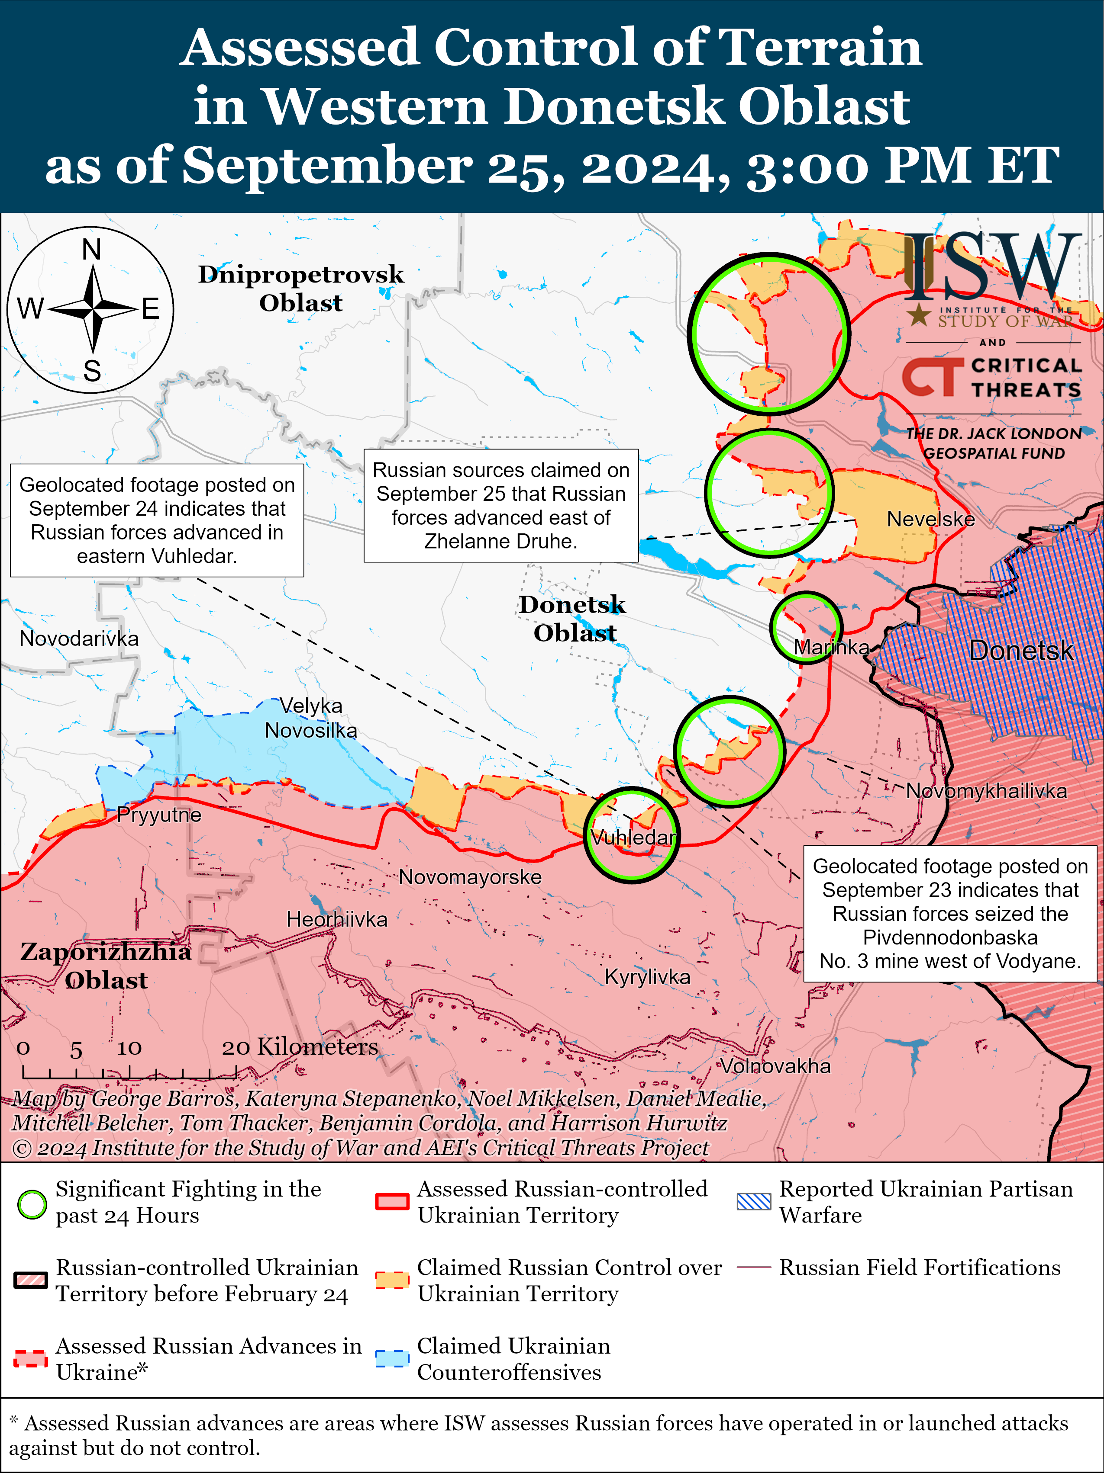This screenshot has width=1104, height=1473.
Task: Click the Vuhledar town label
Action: pyautogui.click(x=633, y=837)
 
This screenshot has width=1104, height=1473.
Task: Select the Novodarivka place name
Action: pyautogui.click(x=79, y=639)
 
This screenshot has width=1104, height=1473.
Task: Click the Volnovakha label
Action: pyautogui.click(x=775, y=1066)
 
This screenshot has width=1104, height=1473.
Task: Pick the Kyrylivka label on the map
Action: pyautogui.click(x=647, y=977)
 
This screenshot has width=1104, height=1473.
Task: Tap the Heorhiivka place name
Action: pyautogui.click(x=336, y=920)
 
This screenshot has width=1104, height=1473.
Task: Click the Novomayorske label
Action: pyautogui.click(x=470, y=877)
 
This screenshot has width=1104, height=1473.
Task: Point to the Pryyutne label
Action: pyautogui.click(x=158, y=815)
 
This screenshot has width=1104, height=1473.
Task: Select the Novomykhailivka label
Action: pyautogui.click(x=986, y=791)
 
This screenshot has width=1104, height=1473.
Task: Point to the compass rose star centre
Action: pyautogui.click(x=93, y=309)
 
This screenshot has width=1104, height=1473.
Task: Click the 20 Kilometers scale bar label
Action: pyautogui.click(x=300, y=1047)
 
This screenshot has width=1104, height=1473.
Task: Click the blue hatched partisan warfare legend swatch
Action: pyautogui.click(x=754, y=1202)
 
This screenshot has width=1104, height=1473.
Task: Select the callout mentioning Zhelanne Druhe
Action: pyautogui.click(x=500, y=505)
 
